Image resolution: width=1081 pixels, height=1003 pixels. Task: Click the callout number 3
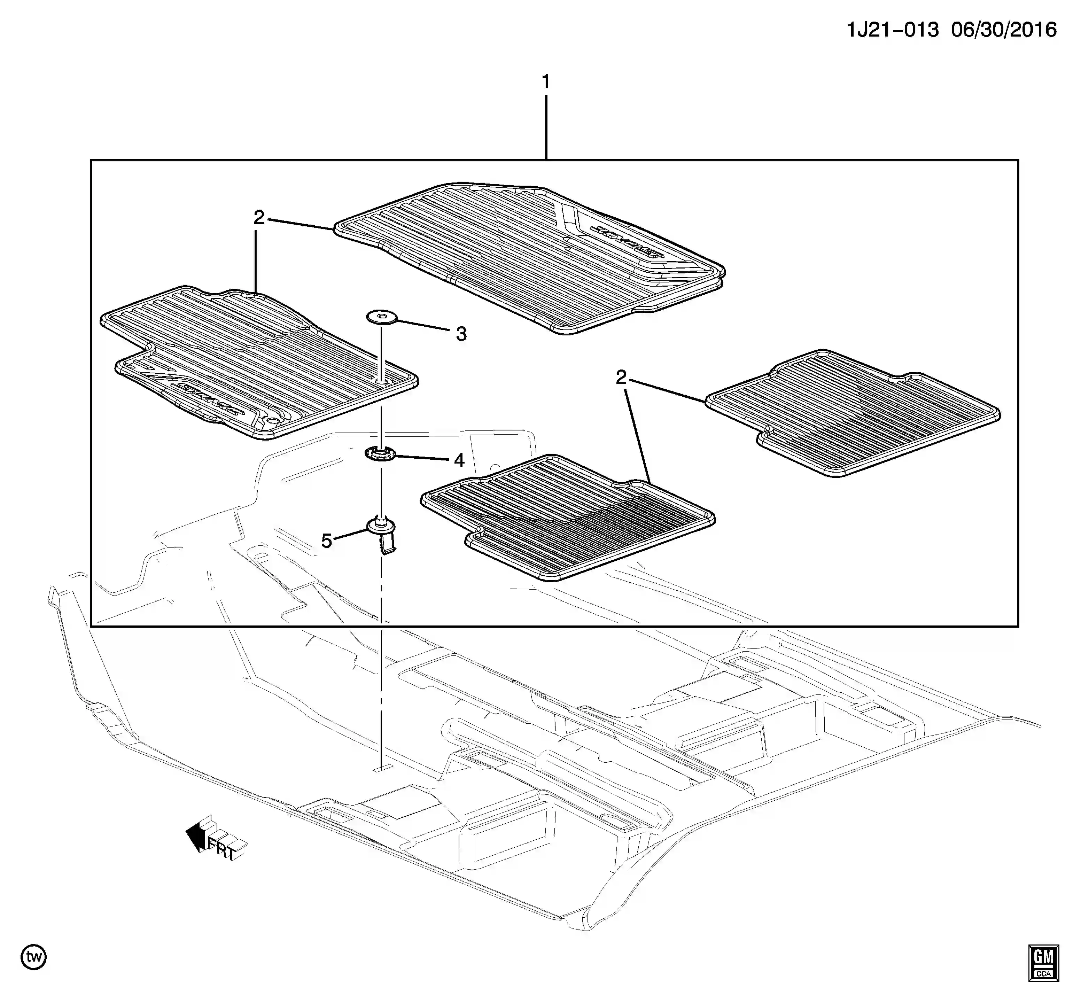coord(461,334)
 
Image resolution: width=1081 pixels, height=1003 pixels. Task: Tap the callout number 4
coord(459,460)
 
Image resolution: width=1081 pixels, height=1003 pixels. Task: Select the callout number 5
coord(326,541)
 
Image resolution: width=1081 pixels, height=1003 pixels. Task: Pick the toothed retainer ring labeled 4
coord(380,453)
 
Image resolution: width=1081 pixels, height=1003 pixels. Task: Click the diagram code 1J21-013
coord(892,30)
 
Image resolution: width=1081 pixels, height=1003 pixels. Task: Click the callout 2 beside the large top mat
coord(259,218)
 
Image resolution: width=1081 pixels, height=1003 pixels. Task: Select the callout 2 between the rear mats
coord(621,377)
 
